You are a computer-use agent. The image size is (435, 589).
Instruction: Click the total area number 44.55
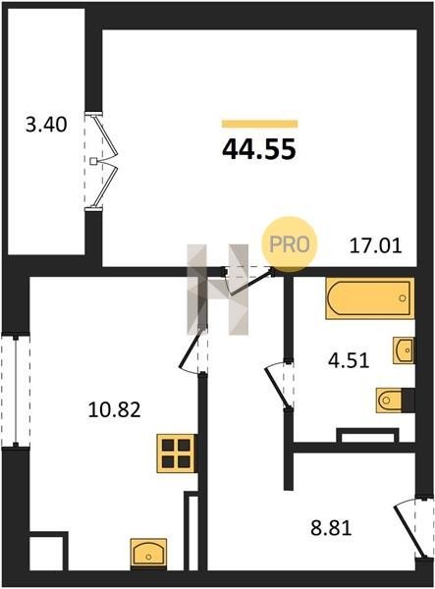259,149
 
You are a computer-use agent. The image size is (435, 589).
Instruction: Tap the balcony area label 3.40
46,125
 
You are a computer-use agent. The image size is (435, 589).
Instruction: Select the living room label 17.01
376,246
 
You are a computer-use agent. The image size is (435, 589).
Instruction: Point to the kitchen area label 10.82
114,409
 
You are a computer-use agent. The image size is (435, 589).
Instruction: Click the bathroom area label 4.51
349,360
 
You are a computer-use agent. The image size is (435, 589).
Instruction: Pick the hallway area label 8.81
331,528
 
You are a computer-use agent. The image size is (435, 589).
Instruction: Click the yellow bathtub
370,298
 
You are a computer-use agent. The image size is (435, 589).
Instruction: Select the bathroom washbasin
404,350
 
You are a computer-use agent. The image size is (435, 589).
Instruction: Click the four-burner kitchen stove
177,453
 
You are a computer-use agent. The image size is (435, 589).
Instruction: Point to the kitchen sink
148,553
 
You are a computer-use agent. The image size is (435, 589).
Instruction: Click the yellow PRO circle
290,244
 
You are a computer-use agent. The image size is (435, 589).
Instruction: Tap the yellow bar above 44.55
259,124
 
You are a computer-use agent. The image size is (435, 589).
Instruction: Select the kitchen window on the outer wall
16,390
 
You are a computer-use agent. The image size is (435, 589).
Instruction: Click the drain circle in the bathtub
403,298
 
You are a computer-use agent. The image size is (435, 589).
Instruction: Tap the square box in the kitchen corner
48,551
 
